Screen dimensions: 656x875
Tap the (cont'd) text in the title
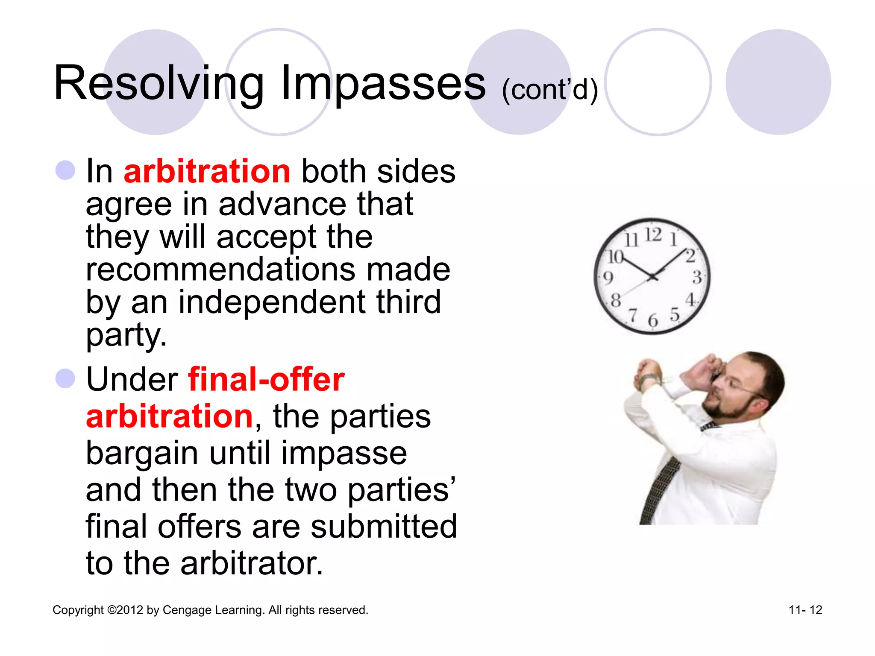click(549, 90)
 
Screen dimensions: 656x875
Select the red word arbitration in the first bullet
click(207, 171)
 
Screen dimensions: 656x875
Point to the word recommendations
click(220, 269)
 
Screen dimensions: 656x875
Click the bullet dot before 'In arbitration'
click(65, 170)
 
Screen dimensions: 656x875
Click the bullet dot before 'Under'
click(65, 378)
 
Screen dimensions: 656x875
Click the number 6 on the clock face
click(652, 320)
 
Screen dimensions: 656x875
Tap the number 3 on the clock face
click(697, 278)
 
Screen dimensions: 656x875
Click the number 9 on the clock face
click(608, 278)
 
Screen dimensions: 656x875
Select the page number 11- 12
click(805, 610)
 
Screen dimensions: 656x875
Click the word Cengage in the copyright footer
click(187, 610)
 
